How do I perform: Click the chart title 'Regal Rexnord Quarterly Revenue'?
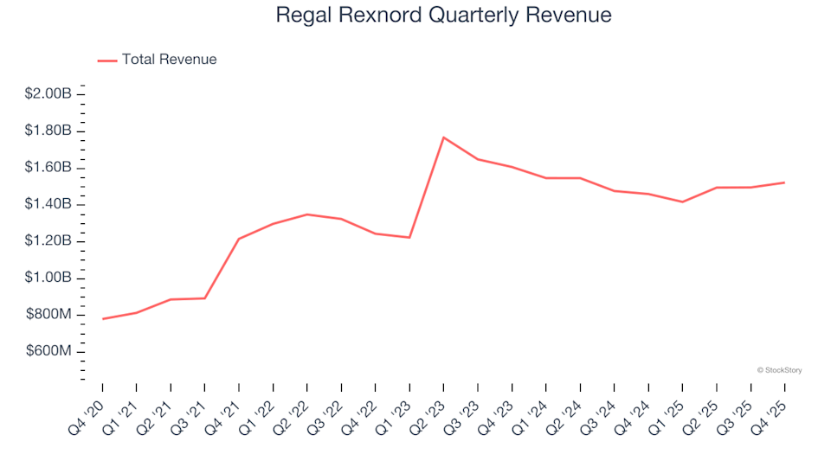(x=443, y=16)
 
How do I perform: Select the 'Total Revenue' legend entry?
(x=169, y=60)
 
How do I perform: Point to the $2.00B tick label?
(x=48, y=93)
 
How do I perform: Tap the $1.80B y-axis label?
(x=48, y=131)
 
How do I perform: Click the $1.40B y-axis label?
(x=48, y=204)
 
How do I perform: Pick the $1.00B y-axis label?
(x=48, y=278)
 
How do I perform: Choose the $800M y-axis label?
(x=50, y=314)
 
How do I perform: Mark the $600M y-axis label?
(x=50, y=351)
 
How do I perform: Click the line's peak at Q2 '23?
(x=443, y=138)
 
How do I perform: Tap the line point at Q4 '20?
(x=102, y=319)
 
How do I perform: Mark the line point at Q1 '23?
(x=409, y=238)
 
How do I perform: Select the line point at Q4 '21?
(x=239, y=239)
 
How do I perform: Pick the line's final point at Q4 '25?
(x=784, y=182)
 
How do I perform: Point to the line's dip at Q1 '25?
(x=682, y=202)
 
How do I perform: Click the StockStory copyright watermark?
(x=779, y=370)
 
